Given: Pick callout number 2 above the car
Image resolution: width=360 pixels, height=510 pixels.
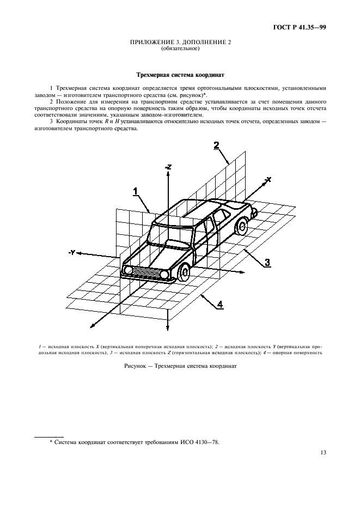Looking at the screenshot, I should [216, 145].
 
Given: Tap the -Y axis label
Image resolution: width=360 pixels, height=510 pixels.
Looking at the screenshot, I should [71, 252].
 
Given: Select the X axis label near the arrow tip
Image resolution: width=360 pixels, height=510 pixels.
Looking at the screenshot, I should [268, 179].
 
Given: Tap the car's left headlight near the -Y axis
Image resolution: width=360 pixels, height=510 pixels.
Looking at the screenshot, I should [129, 270].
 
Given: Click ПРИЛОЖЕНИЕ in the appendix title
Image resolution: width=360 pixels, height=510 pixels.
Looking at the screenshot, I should [151, 43].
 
